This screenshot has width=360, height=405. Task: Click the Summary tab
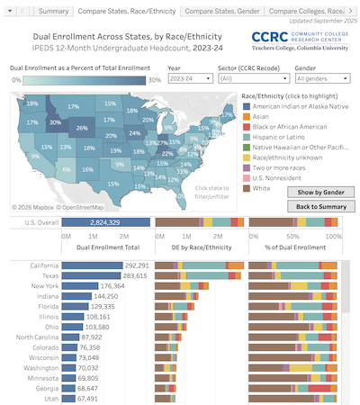pyautogui.click(x=54, y=11)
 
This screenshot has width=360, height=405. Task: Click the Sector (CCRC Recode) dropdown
pyautogui.click(x=256, y=78)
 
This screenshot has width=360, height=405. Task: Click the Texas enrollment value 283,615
pyautogui.click(x=135, y=275)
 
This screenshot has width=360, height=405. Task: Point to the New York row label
pyautogui.click(x=43, y=285)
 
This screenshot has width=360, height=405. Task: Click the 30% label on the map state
pyautogui.click(x=55, y=121)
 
